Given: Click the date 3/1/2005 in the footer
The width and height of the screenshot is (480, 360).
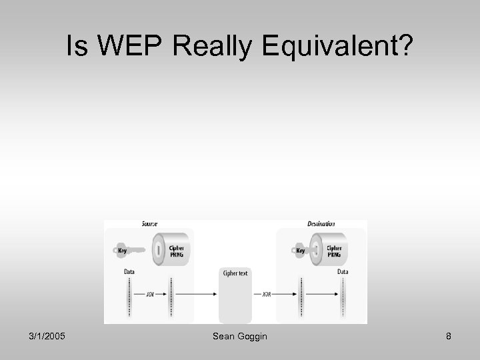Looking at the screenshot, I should (x=48, y=337).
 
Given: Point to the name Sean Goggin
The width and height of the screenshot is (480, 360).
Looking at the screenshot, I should (x=239, y=337).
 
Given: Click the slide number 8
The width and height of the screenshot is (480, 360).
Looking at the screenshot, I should (x=449, y=337).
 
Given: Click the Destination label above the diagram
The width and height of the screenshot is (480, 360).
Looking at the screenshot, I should (x=322, y=224).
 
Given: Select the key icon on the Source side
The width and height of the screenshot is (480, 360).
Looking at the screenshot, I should (x=128, y=250).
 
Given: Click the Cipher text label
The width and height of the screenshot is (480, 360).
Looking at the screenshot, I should (x=235, y=273).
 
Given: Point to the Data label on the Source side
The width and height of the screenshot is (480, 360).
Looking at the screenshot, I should (x=129, y=272).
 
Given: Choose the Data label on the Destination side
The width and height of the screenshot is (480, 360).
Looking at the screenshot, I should (x=343, y=272).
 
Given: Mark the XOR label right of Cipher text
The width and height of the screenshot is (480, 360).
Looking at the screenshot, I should (x=267, y=294).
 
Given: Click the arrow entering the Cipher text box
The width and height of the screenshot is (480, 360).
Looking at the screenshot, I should (x=200, y=294).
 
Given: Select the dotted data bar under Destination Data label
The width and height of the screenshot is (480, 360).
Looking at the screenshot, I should (x=345, y=299).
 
